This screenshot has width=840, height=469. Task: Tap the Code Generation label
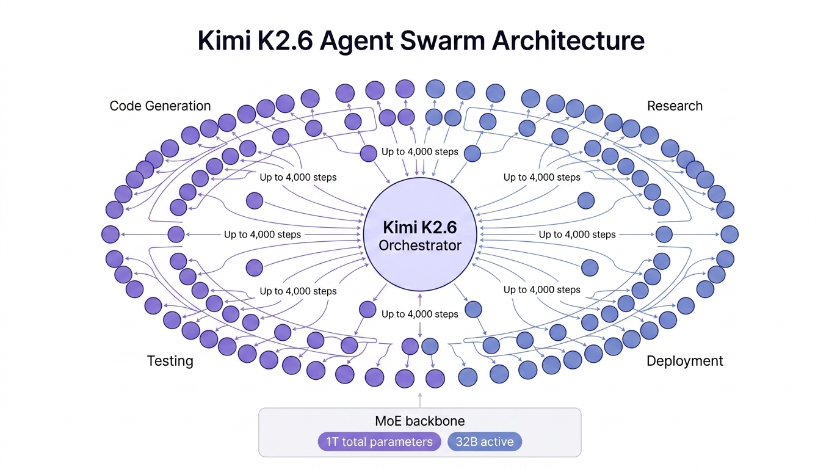(160, 106)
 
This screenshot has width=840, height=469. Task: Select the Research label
(675, 106)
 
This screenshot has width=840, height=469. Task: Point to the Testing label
(170, 361)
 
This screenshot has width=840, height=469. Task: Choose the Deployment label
(684, 361)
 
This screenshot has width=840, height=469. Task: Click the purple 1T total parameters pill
(379, 442)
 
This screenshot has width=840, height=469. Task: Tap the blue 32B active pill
(485, 442)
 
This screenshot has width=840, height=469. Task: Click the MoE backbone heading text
(419, 421)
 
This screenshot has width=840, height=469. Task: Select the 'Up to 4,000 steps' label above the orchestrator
(419, 151)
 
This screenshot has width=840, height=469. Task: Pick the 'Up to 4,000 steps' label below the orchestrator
(419, 314)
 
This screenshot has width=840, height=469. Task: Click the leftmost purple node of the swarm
(110, 234)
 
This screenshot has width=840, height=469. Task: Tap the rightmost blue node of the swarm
(730, 234)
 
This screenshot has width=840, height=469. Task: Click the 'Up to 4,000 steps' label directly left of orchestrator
(262, 234)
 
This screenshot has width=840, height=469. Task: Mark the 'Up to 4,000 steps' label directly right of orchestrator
(577, 234)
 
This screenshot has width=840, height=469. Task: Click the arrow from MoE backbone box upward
(420, 399)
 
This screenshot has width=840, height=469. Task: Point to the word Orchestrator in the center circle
(420, 246)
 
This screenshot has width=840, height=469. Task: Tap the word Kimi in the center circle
(399, 228)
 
